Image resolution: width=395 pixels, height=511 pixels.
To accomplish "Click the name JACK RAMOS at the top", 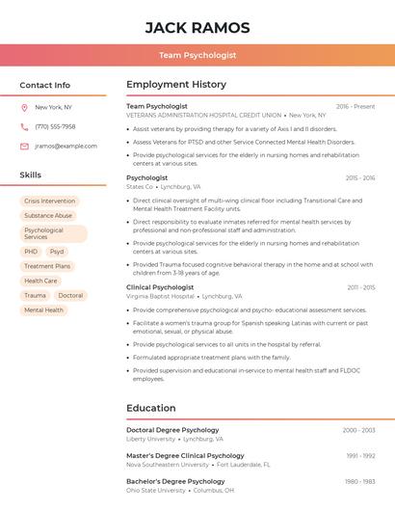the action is point(197,28).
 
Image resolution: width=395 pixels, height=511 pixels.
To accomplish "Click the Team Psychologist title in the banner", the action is point(197,56).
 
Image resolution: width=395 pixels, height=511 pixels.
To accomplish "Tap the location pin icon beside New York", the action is point(24,107).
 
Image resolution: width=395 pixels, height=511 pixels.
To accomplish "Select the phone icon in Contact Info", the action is point(24,126).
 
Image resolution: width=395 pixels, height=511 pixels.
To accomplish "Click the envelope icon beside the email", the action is point(24,147).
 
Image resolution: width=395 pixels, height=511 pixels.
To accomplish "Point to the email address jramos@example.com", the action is point(66,147).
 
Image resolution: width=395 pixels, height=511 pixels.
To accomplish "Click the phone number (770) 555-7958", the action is point(55,126).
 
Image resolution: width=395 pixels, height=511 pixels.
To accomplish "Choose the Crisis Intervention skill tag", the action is point(50,201).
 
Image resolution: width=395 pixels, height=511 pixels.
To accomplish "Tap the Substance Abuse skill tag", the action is point(48,216).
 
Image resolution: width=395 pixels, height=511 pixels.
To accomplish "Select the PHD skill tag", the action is point(32,252).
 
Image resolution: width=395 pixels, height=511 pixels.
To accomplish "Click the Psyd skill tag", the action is point(57,252).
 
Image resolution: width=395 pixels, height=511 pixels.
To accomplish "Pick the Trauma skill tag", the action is point(35,296).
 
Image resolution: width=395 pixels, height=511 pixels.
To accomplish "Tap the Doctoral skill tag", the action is point(70,296).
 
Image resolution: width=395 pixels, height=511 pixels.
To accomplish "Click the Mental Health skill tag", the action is point(43,310).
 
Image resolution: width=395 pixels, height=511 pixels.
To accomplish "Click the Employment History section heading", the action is point(176,85).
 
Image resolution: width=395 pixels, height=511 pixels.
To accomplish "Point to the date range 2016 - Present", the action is point(355,106).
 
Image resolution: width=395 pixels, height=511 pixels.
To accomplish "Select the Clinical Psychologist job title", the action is point(160,287).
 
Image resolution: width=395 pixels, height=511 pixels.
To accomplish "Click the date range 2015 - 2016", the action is point(360,178).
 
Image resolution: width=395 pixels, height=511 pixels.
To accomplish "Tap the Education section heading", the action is point(151,408).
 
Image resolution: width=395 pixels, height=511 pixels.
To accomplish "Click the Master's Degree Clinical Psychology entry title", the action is point(185,455).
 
